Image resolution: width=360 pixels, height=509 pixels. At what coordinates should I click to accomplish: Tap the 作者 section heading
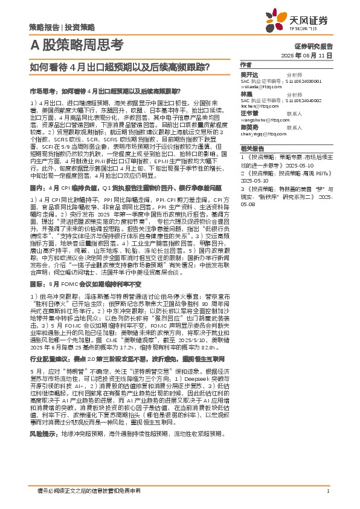[x=246, y=65]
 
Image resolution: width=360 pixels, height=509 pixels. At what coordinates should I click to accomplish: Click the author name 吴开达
[x=249, y=74]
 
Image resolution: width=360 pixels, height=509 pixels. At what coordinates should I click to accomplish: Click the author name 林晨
[x=246, y=94]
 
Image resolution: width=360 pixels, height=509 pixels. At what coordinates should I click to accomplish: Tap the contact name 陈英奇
[x=249, y=128]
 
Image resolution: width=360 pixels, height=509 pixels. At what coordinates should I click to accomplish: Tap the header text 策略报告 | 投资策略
[x=62, y=27]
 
